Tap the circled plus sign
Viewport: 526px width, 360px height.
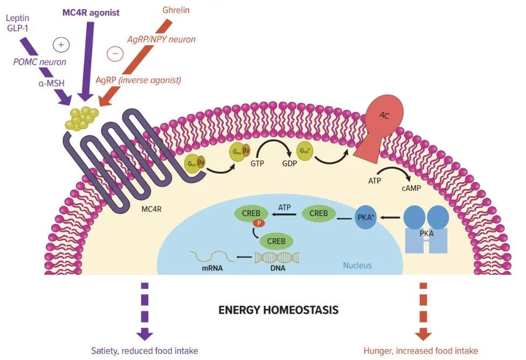coord(61,45)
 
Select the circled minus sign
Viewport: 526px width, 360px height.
coord(115,53)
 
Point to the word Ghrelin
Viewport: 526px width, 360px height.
coord(176,10)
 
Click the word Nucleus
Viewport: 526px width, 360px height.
coord(357,265)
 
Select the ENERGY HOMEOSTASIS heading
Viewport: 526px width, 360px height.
coord(278,310)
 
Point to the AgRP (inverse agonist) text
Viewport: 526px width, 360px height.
coord(138,80)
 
